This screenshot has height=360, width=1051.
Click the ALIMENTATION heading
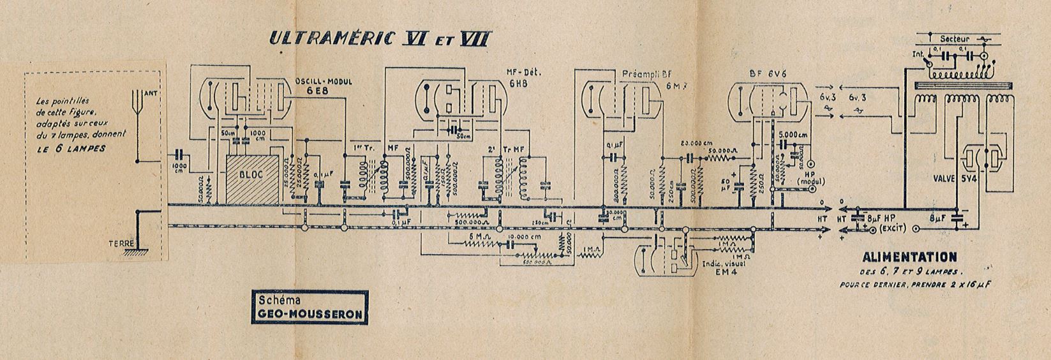point(909,257)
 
